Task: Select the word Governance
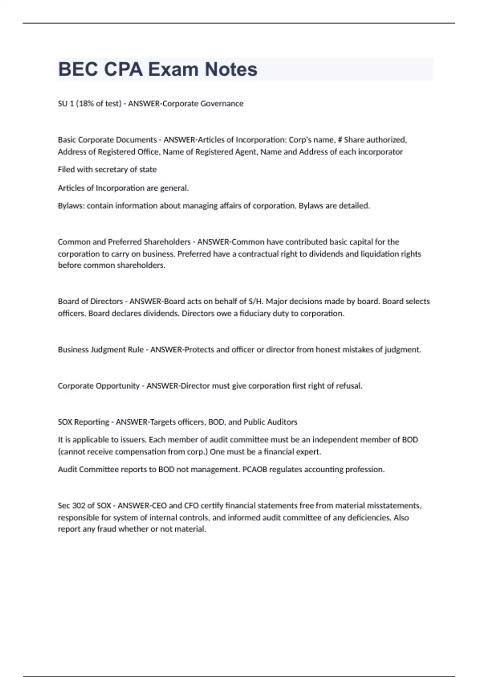point(222,104)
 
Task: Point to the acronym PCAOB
point(255,470)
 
